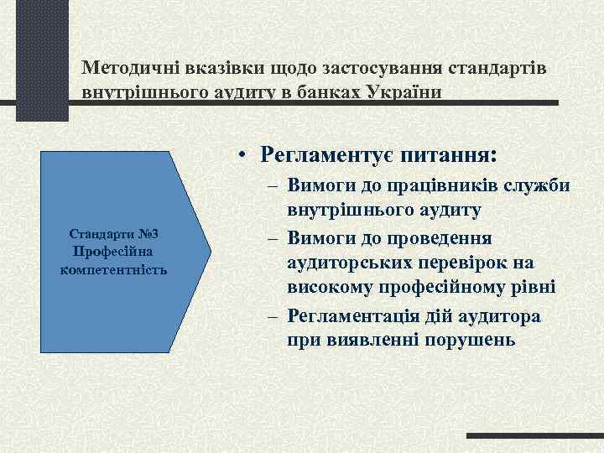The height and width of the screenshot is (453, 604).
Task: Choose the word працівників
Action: click(434, 185)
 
